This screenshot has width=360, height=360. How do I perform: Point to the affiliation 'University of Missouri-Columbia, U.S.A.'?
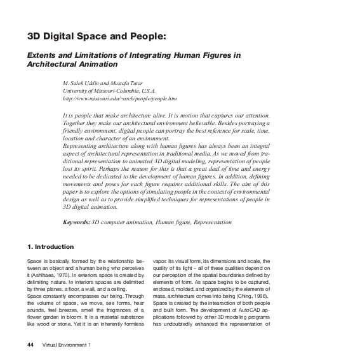click(109, 91)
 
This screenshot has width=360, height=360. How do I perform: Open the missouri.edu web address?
click(119, 99)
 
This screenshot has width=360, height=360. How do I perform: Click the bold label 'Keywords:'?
click(76, 222)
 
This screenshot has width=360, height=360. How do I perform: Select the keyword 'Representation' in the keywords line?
click(212, 222)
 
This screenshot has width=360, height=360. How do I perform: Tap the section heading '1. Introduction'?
click(50, 246)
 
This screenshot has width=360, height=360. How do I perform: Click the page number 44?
click(30, 345)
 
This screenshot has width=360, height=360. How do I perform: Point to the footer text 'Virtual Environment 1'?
click(67, 345)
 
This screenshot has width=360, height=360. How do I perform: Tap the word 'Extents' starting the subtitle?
click(41, 55)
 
